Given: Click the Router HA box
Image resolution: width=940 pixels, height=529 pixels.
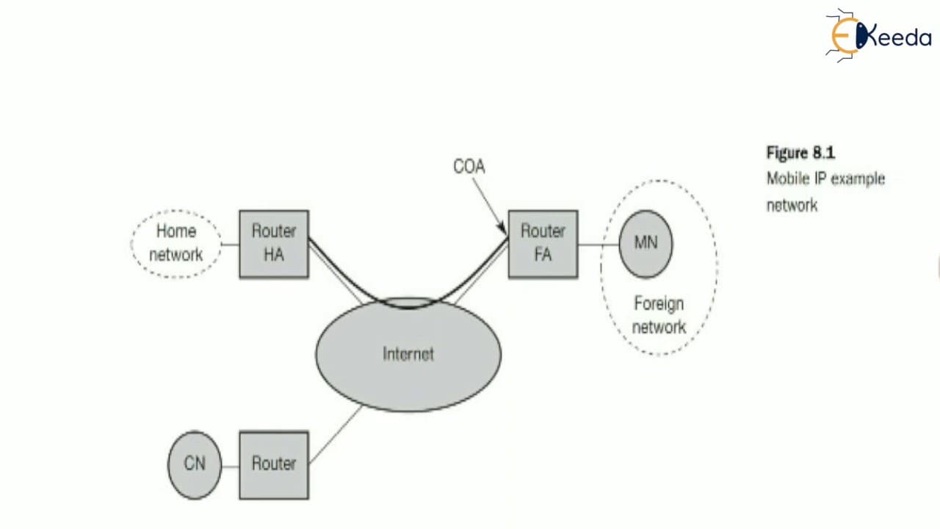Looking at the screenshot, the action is point(274,244).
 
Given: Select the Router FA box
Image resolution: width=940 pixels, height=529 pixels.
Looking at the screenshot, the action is point(543,244).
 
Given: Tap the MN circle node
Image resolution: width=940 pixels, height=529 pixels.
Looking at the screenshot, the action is point(646,244).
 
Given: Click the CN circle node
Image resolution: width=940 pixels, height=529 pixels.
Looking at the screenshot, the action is point(195,465).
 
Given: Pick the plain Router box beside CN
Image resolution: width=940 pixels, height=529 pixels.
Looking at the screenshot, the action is point(274,465).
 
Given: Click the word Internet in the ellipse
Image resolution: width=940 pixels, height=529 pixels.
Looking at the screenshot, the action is point(408,354).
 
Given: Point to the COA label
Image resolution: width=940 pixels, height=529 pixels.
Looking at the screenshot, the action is point(469,167).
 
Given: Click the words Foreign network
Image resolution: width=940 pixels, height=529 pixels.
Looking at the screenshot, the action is point(659,315).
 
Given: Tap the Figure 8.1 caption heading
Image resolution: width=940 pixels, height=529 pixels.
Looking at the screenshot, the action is point(800,152).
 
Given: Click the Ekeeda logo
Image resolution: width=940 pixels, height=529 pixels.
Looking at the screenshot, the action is point(878,36).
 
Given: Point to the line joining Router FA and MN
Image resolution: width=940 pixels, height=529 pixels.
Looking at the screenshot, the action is point(599,245).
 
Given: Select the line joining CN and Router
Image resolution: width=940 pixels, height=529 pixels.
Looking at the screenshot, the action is point(231,466).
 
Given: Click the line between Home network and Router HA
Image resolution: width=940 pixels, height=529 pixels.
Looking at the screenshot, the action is point(230,245).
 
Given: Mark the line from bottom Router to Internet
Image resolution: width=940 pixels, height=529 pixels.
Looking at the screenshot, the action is point(336,434).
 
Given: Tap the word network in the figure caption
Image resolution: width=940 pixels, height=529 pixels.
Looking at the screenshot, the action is point(792,206).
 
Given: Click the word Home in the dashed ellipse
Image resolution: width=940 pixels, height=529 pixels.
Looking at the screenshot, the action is point(176,231).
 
